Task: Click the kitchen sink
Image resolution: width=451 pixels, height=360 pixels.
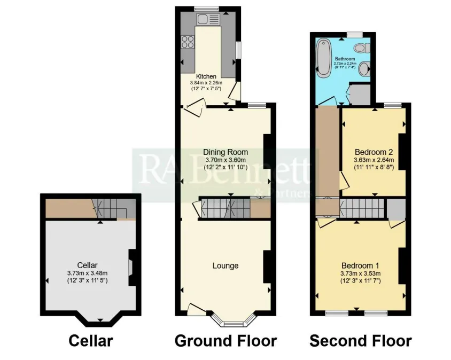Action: pyautogui.click(x=208, y=19)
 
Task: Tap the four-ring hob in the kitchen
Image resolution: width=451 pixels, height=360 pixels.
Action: pyautogui.click(x=187, y=42)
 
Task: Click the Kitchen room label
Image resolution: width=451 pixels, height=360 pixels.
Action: pyautogui.click(x=206, y=76)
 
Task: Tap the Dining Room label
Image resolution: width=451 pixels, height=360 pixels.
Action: pyautogui.click(x=226, y=152)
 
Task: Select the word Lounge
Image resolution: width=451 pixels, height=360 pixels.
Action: pyautogui.click(x=226, y=265)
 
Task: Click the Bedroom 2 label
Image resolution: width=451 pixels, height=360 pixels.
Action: pyautogui.click(x=374, y=152)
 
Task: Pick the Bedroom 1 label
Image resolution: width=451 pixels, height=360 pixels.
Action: pyautogui.click(x=360, y=265)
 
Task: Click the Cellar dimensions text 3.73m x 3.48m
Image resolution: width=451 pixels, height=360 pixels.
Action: pyautogui.click(x=88, y=273)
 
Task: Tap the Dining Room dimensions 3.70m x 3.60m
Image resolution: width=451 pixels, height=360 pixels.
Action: pyautogui.click(x=226, y=160)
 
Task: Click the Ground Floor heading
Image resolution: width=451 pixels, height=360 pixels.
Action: pyautogui.click(x=226, y=341)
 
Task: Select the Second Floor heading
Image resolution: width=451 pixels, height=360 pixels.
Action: pyautogui.click(x=361, y=341)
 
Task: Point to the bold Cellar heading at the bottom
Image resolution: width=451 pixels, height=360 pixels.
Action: pyautogui.click(x=91, y=341)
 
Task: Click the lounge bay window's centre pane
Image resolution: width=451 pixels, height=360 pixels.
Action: pyautogui.click(x=234, y=324)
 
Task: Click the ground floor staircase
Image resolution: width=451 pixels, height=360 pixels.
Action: pyautogui.click(x=224, y=208)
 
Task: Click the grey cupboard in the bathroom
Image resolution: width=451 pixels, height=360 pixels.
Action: pyautogui.click(x=359, y=94)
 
